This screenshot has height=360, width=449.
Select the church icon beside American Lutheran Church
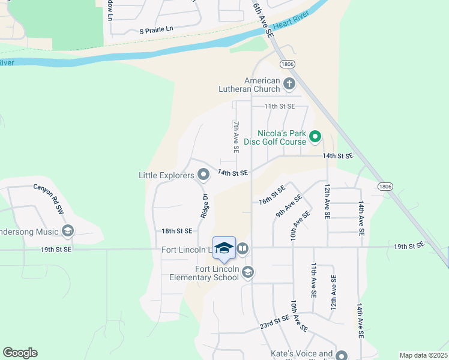289,83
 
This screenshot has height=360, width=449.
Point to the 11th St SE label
280,106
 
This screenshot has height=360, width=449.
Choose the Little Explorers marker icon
203,175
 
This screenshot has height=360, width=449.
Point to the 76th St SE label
272,195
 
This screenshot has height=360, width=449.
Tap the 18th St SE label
176,231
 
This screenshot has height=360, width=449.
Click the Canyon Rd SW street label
49,199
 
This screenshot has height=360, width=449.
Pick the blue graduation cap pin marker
224,248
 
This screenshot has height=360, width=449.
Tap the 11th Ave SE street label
313,280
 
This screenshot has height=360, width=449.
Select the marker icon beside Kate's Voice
342,355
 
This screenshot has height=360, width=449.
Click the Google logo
20,353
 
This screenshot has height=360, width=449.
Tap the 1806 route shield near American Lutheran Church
285,64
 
